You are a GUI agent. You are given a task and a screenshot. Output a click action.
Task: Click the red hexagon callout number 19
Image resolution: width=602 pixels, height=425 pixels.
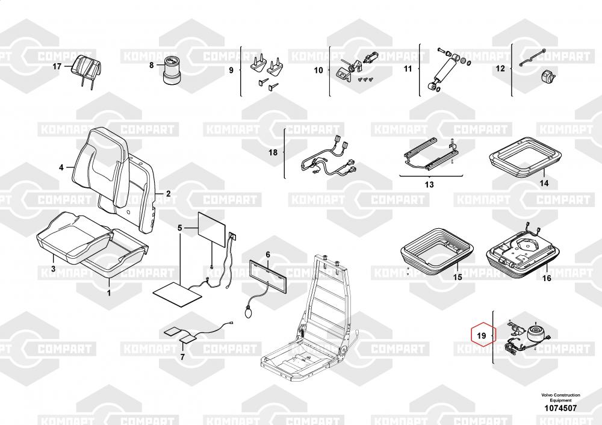[481, 335]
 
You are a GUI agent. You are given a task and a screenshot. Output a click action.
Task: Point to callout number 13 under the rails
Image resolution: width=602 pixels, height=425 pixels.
[429, 185]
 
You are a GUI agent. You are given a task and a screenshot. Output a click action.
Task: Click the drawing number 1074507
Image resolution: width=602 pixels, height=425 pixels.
[560, 408]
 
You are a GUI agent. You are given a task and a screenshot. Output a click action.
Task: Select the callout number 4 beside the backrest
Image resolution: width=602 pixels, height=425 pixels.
[61, 167]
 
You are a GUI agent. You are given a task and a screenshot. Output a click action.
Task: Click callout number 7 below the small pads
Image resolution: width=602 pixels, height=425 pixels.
[182, 356]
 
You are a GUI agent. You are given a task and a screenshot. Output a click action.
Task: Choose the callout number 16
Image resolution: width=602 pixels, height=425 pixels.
[547, 278]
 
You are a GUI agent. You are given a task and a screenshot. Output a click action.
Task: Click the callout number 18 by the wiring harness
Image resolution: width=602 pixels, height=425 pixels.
[273, 152]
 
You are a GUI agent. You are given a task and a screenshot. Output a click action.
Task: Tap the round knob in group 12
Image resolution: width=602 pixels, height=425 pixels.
[545, 76]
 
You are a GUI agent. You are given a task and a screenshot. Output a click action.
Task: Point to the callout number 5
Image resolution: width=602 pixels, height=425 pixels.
[179, 228]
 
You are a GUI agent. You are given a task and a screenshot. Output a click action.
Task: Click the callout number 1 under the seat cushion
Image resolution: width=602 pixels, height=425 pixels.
[109, 293]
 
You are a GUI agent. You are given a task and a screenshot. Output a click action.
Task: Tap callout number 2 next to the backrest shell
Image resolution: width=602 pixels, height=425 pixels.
[168, 193]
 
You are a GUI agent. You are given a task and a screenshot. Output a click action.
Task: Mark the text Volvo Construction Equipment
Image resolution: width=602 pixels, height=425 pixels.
[560, 397]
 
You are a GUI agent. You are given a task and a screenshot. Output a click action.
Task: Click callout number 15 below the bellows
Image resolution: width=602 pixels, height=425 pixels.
[458, 276]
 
